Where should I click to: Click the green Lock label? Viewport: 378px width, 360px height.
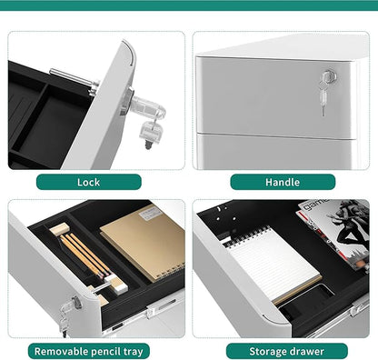pos(89,182)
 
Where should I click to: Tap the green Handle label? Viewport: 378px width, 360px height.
pos(283,182)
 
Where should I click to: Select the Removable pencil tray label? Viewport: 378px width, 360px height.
pos(89,351)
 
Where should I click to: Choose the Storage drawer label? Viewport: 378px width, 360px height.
pos(287,351)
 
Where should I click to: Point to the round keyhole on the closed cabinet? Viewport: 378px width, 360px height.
pos(327,75)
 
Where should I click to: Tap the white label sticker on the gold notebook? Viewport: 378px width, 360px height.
pos(151,214)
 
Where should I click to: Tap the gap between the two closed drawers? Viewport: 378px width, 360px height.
pos(275,136)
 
